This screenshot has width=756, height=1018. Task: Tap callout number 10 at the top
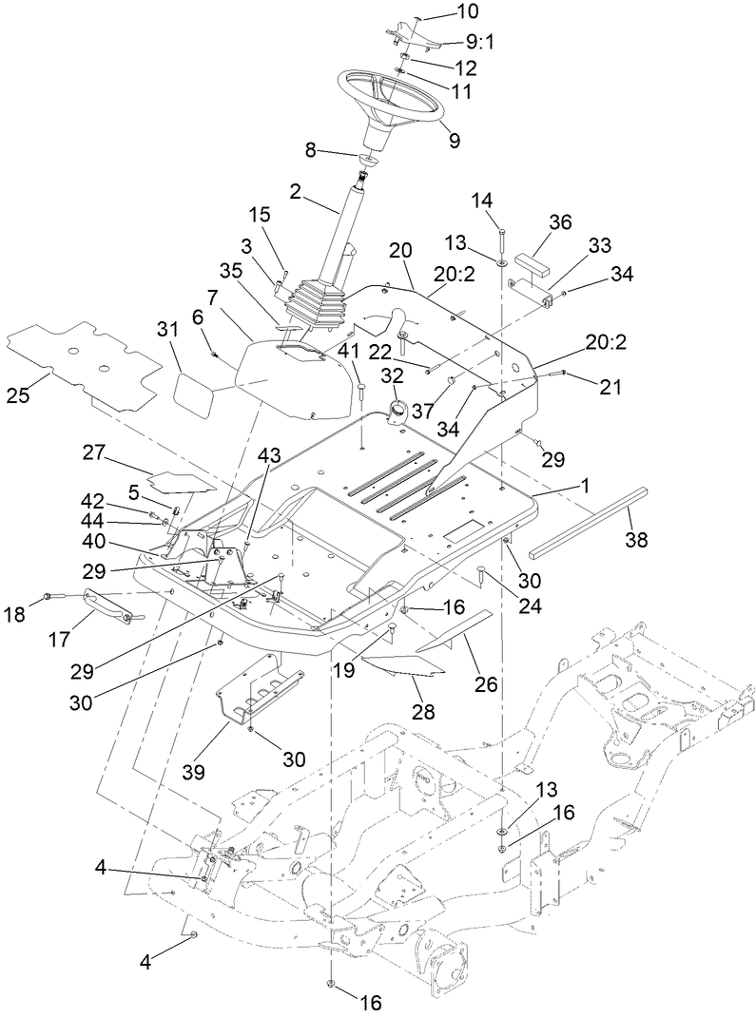pos(441,12)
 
